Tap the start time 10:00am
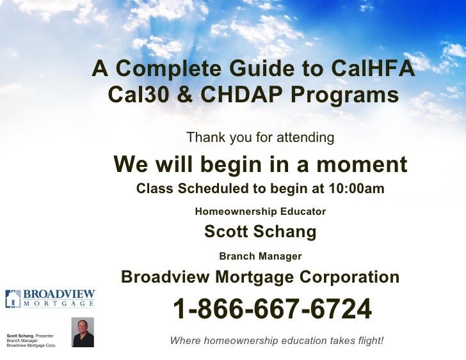356,189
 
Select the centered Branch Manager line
260,256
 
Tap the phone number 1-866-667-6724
272,310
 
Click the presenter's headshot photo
83,333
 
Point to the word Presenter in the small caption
44,336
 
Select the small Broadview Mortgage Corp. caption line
31,346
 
